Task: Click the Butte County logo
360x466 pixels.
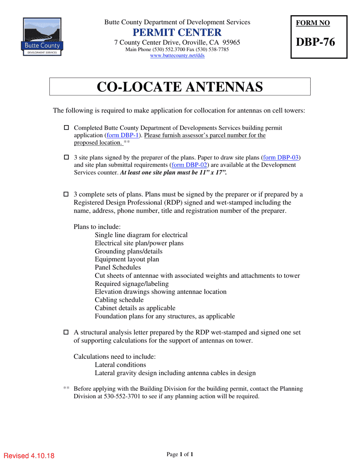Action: pos(42,36)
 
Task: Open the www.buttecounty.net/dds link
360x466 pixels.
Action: pos(177,56)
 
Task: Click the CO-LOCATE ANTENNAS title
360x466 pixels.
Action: pos(180,87)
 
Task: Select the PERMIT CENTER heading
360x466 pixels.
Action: pos(177,32)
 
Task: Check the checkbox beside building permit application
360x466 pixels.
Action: pos(66,128)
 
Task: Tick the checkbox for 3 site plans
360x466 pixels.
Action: pos(66,157)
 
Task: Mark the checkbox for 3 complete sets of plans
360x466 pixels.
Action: pos(66,194)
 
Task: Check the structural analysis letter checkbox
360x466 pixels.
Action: pos(66,332)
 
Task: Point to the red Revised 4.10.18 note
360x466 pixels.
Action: pos(29,456)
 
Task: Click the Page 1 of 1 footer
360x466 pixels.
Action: pos(180,454)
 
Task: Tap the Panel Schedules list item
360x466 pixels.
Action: pos(118,267)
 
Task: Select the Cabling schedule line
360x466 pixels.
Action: pos(119,300)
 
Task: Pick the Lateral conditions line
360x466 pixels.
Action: pos(121,365)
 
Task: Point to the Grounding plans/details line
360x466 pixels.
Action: pos(128,251)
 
